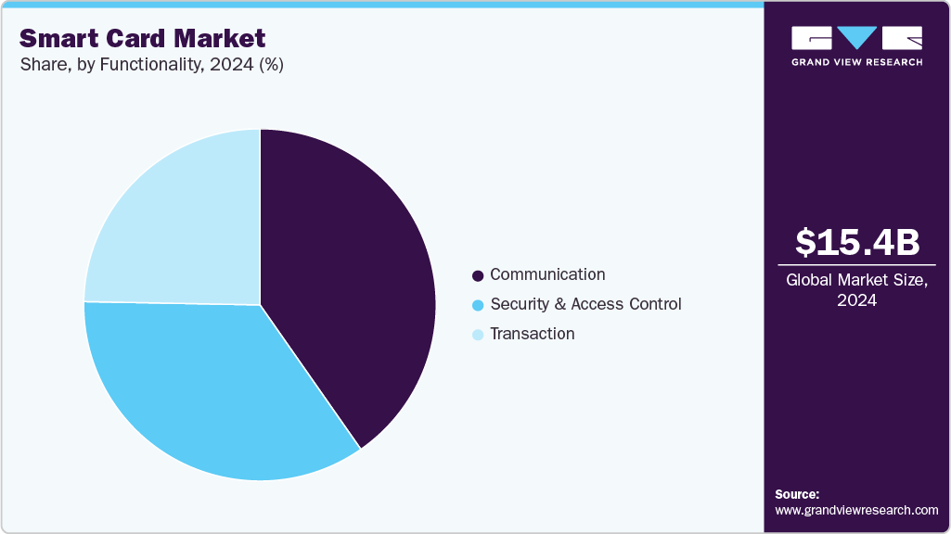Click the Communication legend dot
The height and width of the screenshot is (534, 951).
tap(478, 276)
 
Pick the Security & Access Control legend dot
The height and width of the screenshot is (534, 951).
tap(478, 305)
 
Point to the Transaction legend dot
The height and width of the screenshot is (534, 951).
tap(478, 335)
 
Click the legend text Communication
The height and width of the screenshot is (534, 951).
tap(547, 274)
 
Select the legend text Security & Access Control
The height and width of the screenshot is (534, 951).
tap(585, 304)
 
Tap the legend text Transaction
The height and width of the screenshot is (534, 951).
tap(533, 334)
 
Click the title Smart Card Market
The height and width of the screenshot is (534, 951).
tap(142, 38)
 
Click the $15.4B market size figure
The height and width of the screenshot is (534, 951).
tap(857, 242)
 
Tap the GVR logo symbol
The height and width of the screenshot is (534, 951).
tap(856, 38)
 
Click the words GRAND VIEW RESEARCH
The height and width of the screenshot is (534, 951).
tap(856, 62)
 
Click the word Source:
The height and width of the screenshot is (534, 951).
tap(797, 494)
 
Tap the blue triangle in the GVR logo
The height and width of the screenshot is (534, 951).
tap(857, 37)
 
